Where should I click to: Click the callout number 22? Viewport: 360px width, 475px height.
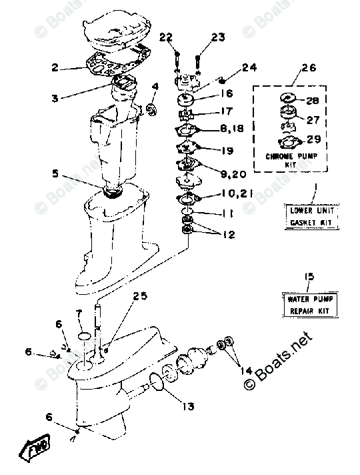166,37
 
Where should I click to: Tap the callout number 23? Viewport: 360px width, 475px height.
219,38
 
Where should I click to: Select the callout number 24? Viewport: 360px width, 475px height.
249,67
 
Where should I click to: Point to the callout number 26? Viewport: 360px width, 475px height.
309,67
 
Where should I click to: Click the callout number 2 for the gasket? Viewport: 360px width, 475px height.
56,67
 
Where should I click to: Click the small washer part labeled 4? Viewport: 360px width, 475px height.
151,108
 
